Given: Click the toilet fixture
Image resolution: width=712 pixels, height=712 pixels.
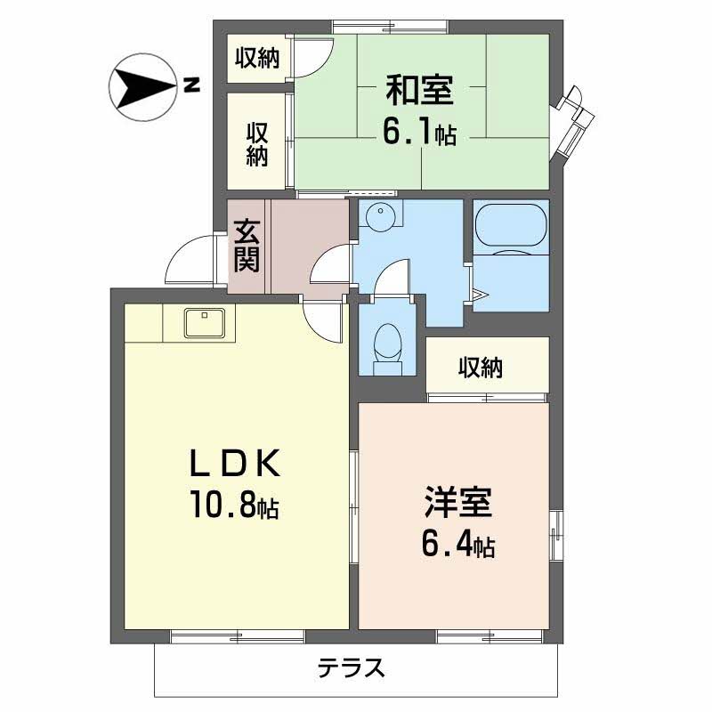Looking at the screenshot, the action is [x=387, y=348].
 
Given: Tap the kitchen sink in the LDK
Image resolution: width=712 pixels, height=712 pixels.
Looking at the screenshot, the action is [x=205, y=323].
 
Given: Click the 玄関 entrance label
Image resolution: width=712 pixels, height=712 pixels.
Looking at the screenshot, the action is [x=247, y=246].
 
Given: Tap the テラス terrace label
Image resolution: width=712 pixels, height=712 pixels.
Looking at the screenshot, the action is [x=351, y=667].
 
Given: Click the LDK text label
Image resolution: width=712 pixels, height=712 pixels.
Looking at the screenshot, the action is [x=234, y=463].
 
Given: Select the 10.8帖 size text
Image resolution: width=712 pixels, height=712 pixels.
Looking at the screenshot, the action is [x=235, y=504].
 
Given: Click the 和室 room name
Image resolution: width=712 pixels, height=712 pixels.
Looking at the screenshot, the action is [x=420, y=90].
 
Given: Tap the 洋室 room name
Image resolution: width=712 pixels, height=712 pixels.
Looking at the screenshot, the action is [x=458, y=502].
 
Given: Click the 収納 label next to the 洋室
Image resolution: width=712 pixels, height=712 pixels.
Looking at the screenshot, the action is [x=481, y=368].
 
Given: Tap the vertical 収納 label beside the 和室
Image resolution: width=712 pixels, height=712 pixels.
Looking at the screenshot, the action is [x=257, y=144].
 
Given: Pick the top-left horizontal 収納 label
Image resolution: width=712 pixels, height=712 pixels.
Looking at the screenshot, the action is [x=257, y=58].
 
